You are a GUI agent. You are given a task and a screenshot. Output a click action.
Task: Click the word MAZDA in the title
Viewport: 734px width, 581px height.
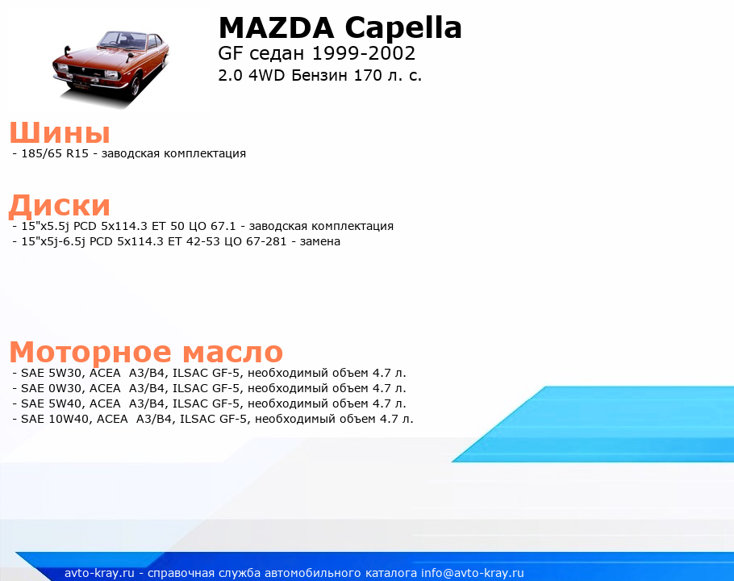pos(276,27)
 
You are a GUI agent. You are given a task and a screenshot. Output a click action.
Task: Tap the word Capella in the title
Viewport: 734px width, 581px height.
pos(403,27)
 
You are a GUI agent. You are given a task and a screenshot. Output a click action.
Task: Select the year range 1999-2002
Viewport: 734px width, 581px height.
pos(364,53)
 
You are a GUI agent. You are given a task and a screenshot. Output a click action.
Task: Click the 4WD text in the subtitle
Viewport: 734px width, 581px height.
pos(266,75)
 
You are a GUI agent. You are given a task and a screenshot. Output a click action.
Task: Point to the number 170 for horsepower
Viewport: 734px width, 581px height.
pos(368,75)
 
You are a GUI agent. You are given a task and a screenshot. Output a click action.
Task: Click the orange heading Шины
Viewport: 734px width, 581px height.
pos(60,132)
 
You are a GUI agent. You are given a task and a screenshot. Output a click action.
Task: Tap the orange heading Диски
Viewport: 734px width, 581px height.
pos(60,206)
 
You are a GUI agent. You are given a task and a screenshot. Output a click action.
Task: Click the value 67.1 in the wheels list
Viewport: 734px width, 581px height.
pos(223,226)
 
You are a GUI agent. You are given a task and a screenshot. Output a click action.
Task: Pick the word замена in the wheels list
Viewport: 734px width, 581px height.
pos(319,241)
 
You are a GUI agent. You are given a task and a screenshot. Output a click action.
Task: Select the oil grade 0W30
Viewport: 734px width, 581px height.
pos(65,389)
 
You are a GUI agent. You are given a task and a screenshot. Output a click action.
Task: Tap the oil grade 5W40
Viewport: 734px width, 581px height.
pos(65,403)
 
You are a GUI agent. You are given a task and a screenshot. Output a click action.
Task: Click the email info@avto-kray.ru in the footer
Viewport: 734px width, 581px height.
pos(473,573)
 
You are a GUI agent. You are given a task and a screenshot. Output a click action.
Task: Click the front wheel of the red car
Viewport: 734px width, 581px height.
pos(136,87)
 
